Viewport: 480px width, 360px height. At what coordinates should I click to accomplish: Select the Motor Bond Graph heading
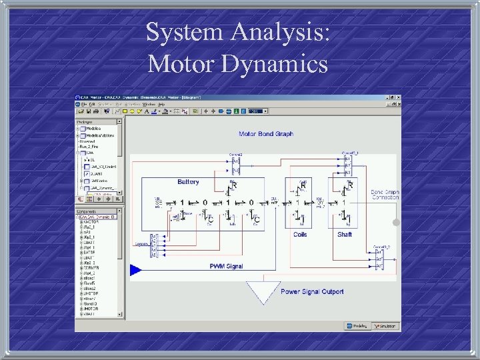(x=265, y=134)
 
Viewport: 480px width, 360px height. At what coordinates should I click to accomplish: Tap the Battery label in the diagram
(x=188, y=182)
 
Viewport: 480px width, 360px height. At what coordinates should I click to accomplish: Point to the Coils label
(x=300, y=235)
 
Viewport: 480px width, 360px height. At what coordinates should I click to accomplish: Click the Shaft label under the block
(x=345, y=235)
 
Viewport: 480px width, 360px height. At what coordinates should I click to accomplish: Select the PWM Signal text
(x=226, y=266)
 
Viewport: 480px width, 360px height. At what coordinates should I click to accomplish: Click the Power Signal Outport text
(x=312, y=291)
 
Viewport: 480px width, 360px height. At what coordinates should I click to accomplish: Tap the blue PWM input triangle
(x=135, y=269)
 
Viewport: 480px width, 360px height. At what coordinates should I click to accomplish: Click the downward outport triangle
(x=262, y=291)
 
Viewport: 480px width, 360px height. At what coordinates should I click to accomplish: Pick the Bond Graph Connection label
(x=385, y=195)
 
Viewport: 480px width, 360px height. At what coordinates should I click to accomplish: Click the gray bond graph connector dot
(x=395, y=221)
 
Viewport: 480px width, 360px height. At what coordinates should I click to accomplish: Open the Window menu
(x=148, y=104)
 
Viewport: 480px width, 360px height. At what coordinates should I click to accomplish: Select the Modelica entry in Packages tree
(x=93, y=128)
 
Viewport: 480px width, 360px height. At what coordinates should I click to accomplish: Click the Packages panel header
(x=85, y=121)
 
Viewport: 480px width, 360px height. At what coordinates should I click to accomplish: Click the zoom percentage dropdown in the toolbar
(x=257, y=111)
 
